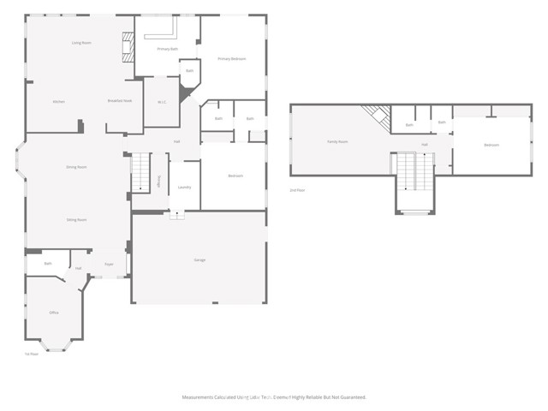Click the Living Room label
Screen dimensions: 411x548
pos(81,42)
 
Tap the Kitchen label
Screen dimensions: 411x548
pos(58,102)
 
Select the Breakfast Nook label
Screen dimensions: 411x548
pos(119,102)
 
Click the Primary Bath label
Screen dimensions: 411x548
pos(169,50)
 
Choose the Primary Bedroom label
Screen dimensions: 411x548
pos(231,58)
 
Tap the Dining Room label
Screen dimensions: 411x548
pos(77,167)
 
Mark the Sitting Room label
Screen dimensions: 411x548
pos(77,220)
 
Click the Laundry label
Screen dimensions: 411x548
pos(184,187)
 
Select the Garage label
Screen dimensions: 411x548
pos(199,259)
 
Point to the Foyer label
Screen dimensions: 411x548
pos(109,264)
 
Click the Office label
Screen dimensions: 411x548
pos(54,313)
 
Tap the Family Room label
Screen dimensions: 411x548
pos(337,141)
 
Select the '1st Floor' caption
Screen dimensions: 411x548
pos(32,354)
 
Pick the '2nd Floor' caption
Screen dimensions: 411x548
pos(297,189)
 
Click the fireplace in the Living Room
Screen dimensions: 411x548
pos(128,46)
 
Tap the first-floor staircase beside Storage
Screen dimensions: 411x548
pos(140,171)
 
